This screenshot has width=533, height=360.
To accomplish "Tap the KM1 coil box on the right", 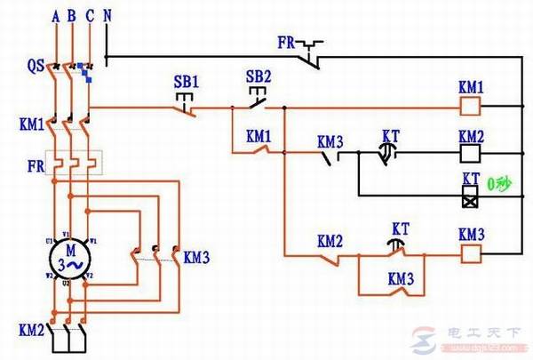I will coord(470,107).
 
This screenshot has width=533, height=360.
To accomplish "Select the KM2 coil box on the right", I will coord(470,153).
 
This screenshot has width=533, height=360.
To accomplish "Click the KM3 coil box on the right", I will coord(470,252).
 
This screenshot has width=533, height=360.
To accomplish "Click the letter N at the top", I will coord(107,15).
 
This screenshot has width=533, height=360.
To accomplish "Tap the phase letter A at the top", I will coord(56,15).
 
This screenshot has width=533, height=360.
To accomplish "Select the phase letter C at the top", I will coord(88,15).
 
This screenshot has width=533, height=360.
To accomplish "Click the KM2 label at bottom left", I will coord(31,330).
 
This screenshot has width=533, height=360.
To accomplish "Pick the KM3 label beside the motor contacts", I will coord(196,258).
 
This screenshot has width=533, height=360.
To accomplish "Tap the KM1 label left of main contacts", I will coord(29,123).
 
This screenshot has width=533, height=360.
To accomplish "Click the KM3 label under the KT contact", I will coord(401,277).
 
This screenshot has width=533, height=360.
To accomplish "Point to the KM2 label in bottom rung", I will coord(330,241).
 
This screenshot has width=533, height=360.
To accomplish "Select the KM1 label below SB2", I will coord(259,137).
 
